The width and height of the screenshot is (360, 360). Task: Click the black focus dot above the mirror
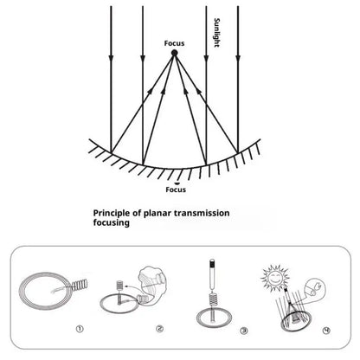174,53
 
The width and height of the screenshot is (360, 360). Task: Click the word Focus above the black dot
174,43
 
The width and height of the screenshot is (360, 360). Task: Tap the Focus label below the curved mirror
176,190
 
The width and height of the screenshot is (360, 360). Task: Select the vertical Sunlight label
217,33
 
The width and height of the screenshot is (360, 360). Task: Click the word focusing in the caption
112,222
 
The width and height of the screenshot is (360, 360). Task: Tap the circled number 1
80,329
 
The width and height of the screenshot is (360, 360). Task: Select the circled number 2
160,329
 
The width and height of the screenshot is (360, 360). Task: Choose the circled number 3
244,331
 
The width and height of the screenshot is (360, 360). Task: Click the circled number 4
326,331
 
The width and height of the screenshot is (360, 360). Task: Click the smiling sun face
274,277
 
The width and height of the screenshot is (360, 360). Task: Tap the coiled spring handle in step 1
80,286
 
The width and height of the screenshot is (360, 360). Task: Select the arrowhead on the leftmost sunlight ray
111,59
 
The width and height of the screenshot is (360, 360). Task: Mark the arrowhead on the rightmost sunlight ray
238,59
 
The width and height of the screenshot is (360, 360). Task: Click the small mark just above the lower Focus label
177,183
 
